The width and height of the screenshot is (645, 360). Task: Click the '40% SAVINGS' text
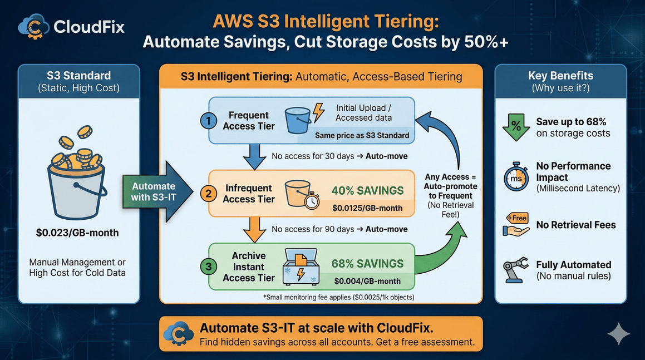tap(367, 191)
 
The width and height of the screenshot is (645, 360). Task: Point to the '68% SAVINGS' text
tap(367, 264)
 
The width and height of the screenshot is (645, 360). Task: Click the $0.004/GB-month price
tap(367, 281)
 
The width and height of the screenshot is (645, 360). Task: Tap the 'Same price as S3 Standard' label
tap(362, 135)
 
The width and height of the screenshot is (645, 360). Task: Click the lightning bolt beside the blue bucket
tap(318, 112)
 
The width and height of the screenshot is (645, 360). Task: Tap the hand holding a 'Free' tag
tap(516, 225)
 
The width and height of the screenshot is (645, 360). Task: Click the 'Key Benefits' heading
tap(560, 76)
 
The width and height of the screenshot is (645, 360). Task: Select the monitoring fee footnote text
tap(338, 298)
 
